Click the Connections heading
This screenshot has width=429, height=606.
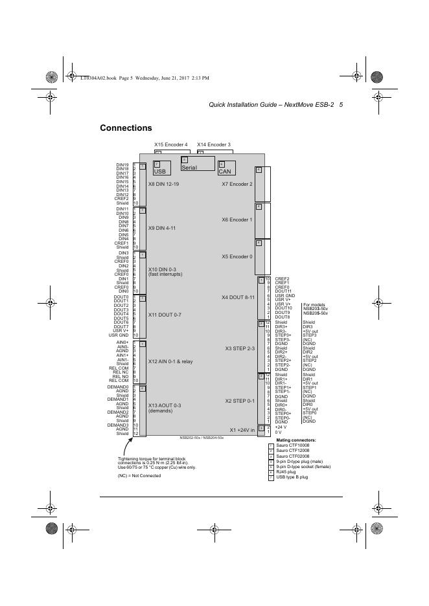point(126,128)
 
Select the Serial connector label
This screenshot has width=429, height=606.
point(189,168)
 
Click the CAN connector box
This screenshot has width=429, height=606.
point(226,169)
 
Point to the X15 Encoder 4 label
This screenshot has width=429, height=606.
point(170,144)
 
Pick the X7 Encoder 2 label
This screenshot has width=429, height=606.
point(237,184)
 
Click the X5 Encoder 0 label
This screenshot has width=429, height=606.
point(237,256)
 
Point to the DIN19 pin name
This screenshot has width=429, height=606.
point(122,165)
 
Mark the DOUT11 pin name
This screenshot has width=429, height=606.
point(283,291)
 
